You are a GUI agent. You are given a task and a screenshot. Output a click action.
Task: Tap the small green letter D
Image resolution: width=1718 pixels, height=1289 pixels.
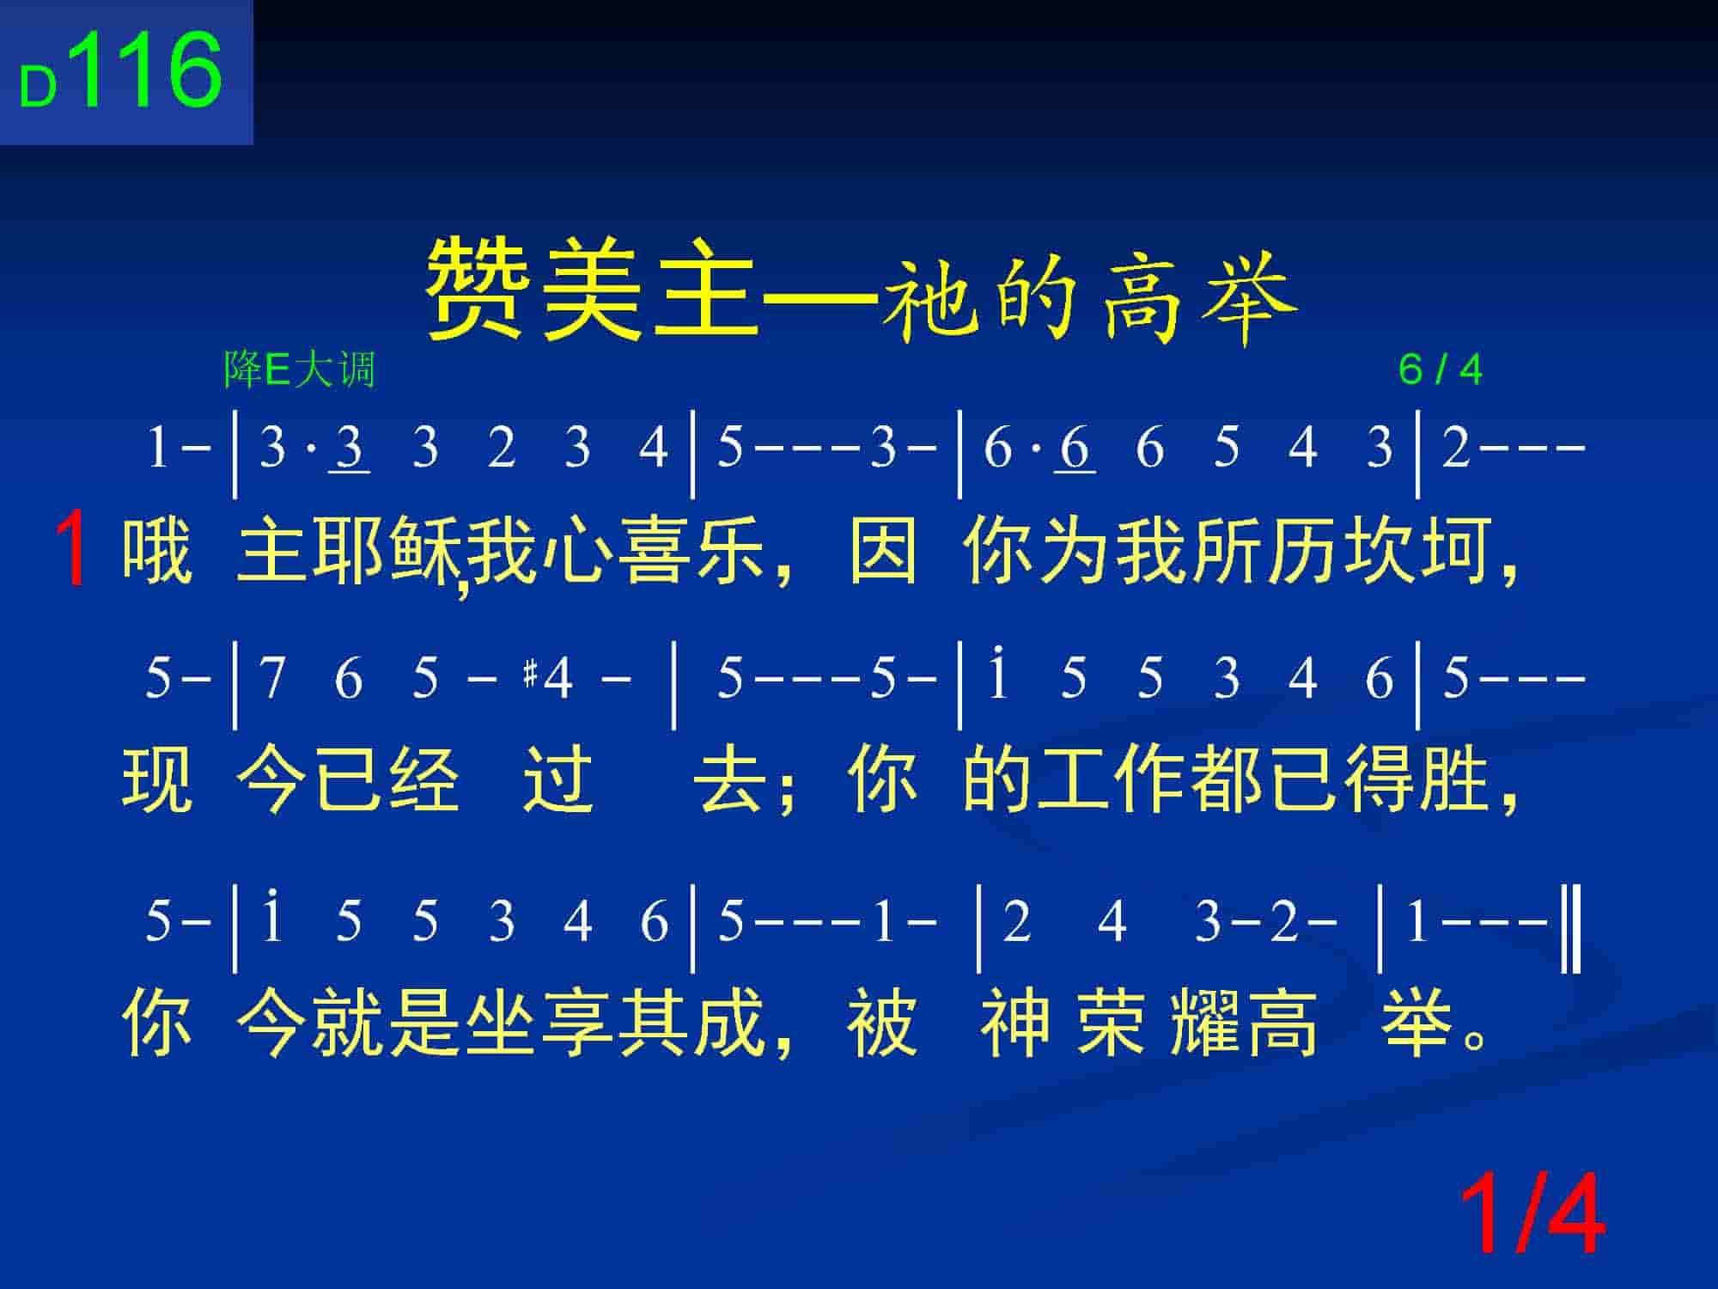tap(38, 88)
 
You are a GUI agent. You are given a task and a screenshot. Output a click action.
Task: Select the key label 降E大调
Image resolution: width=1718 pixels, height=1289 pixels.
tap(300, 370)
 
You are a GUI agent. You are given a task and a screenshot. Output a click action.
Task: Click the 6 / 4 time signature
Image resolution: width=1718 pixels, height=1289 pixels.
tap(1441, 370)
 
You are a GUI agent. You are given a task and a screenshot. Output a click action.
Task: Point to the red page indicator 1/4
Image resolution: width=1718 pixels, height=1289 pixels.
tap(1532, 1214)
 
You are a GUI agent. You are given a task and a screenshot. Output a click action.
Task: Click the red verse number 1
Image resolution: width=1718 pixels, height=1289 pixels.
tap(72, 547)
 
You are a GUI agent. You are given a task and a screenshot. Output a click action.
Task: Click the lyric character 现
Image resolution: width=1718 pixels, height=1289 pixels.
tap(157, 779)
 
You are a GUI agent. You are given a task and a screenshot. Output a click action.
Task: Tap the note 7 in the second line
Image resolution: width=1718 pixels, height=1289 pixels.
tap(272, 678)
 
